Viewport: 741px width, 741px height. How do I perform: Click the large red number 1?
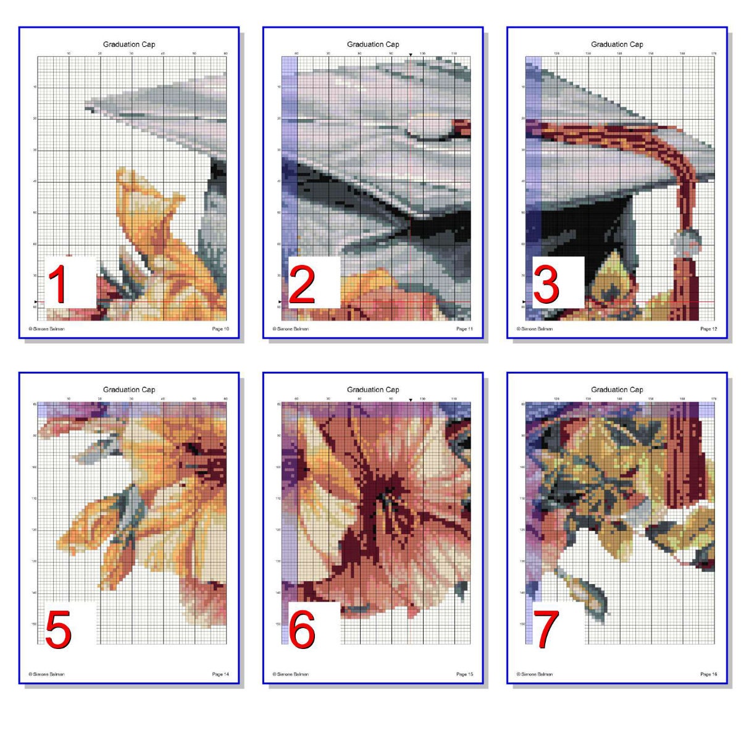[x=58, y=284]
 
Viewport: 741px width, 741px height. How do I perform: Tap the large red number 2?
[x=302, y=284]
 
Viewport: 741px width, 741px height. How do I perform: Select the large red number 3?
[x=546, y=284]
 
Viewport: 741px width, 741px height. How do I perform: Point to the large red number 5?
[x=58, y=629]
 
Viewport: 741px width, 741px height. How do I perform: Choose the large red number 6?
[x=302, y=629]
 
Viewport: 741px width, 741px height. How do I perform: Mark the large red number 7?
[x=546, y=629]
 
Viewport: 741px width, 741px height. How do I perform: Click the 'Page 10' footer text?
[x=220, y=329]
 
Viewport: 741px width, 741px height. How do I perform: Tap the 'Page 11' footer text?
[x=464, y=329]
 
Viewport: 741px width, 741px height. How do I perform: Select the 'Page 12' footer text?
[x=708, y=329]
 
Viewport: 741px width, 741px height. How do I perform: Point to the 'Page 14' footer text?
[x=220, y=674]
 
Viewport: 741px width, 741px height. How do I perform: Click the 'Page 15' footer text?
[x=464, y=674]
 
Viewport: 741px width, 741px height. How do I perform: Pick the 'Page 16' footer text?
[x=708, y=674]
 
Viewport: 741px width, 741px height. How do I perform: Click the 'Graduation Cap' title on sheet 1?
[x=129, y=44]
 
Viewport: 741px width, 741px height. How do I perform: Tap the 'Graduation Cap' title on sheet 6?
[x=373, y=390]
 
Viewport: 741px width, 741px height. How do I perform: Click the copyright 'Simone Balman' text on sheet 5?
[x=48, y=674]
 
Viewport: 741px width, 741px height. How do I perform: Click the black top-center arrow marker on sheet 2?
[x=411, y=55]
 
